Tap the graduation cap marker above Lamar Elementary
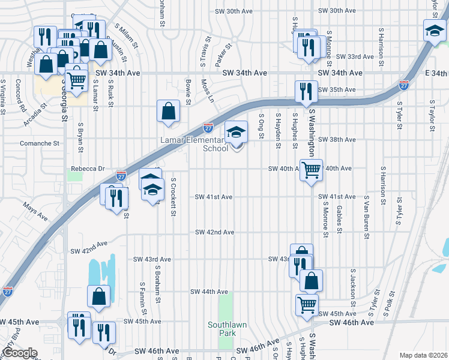coord(237,132)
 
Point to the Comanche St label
coord(40,143)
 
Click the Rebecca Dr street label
coord(88,169)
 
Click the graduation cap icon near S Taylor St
coord(434,31)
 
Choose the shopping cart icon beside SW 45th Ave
coord(307,305)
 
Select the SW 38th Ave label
coord(337,139)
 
